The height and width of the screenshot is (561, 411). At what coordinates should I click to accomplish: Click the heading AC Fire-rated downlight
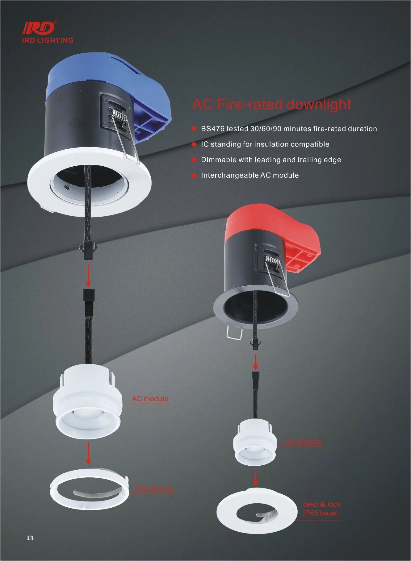(271, 104)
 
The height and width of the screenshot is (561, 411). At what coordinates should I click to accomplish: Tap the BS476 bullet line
(289, 128)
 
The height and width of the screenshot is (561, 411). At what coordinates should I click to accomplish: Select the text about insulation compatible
(265, 144)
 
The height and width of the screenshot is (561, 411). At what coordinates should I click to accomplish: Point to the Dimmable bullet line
(271, 160)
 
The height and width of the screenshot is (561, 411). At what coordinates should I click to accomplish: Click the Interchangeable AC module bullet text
(250, 175)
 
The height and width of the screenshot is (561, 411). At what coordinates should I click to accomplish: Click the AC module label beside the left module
(150, 399)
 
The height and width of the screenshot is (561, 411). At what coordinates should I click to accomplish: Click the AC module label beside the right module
(304, 442)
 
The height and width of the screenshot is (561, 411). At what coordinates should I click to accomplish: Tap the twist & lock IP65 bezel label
(321, 509)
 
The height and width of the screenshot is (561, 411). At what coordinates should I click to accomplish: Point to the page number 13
(30, 538)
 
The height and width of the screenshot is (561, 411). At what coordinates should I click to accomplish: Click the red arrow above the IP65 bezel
(255, 477)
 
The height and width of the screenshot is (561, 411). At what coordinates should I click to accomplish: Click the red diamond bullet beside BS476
(194, 128)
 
